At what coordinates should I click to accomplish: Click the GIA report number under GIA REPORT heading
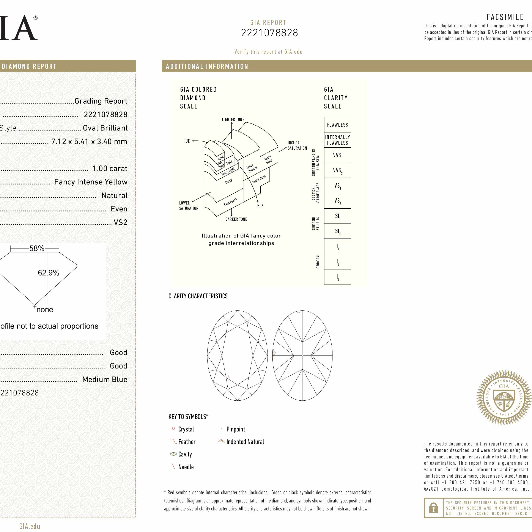pos(269,33)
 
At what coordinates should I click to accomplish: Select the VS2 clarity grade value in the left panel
pos(120,222)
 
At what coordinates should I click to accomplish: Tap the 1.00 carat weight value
pos(110,168)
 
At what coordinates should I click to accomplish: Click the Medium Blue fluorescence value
pos(105,379)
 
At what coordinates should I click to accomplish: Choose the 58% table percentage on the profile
pos(37,248)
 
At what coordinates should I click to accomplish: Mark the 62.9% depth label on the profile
pos(49,273)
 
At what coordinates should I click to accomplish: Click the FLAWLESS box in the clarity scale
pos(337,125)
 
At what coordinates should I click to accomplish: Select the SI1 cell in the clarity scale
pos(337,216)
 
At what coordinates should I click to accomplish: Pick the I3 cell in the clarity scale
pos(337,277)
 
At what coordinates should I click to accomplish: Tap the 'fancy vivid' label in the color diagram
pos(268,159)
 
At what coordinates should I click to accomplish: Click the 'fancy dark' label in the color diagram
pos(230,202)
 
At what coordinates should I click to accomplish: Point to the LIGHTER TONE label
pos(233,120)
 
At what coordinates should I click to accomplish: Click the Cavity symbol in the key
pos(173,454)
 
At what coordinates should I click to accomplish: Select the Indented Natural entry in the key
pos(245,442)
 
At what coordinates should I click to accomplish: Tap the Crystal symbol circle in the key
pos(173,429)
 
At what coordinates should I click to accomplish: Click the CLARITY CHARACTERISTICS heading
pos(198,296)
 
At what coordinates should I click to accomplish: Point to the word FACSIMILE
pos(505,17)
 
